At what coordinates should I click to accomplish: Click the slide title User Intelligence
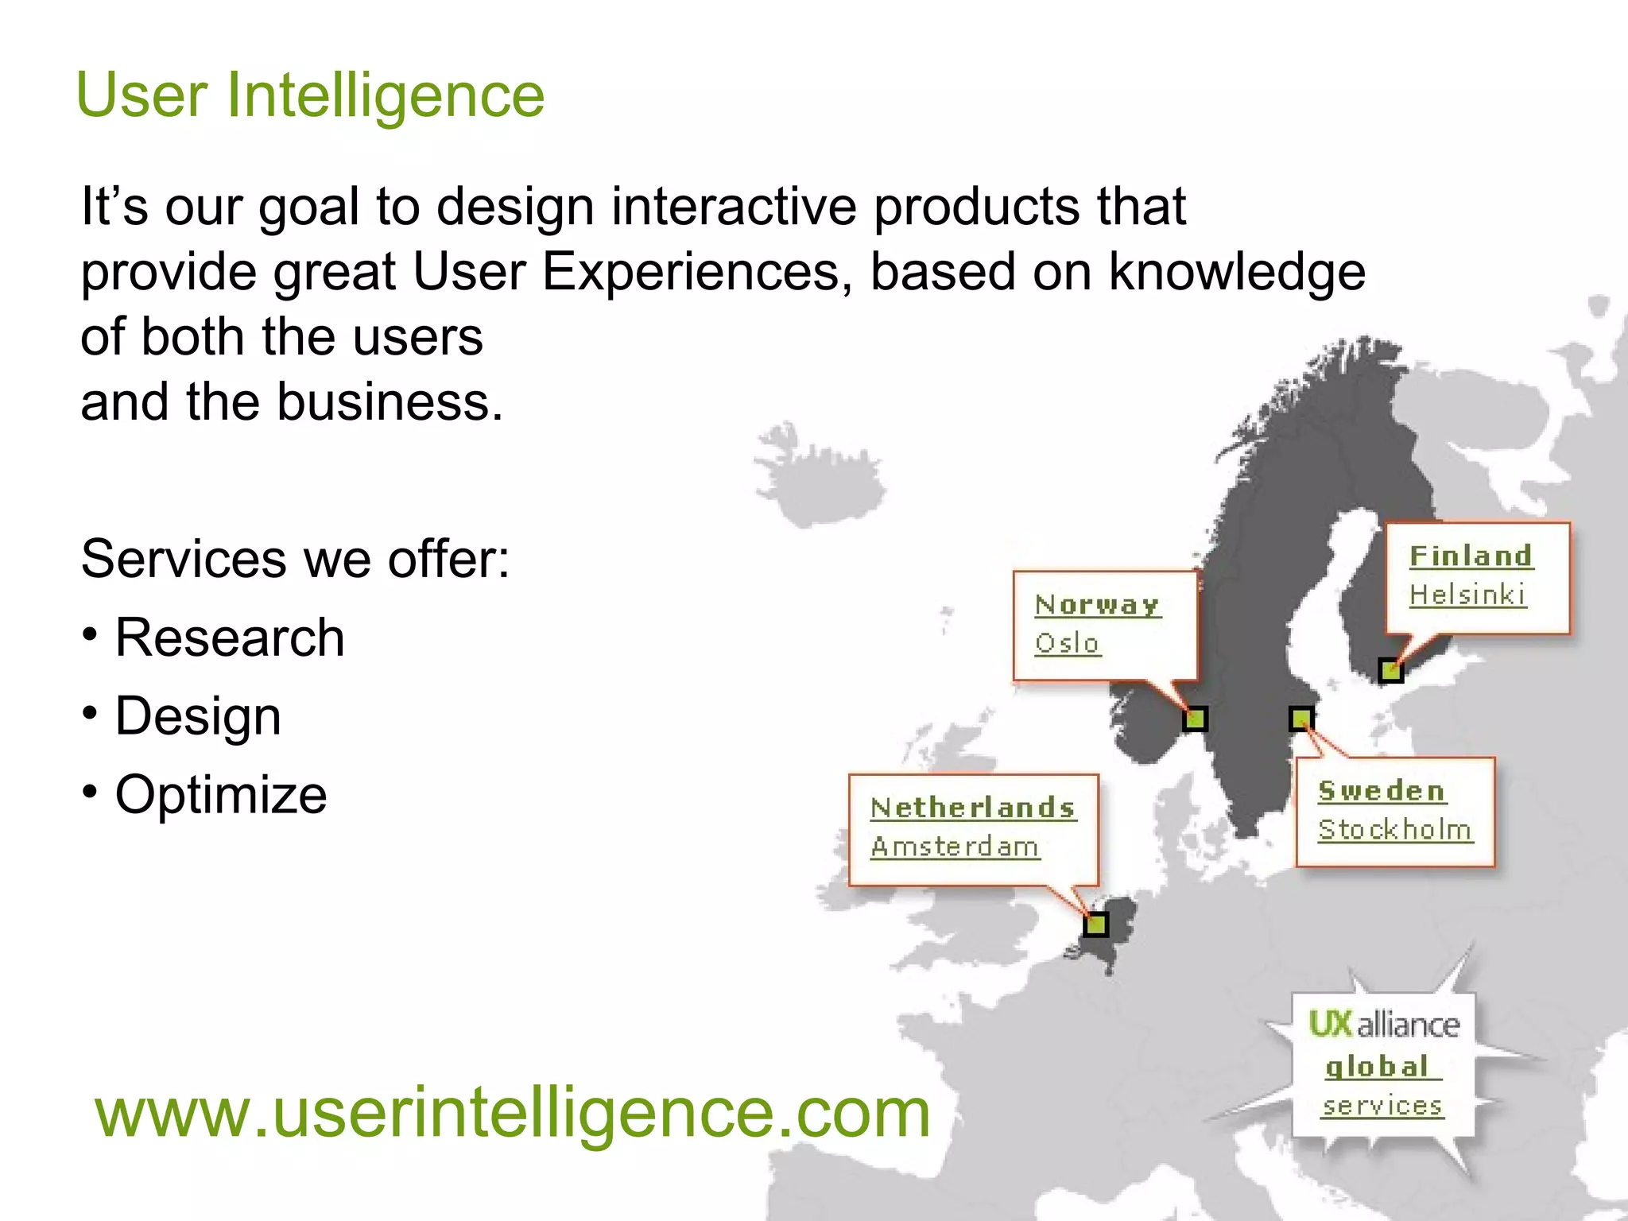tap(310, 95)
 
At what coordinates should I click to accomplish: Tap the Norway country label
tap(1097, 605)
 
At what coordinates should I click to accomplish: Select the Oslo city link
tap(1067, 643)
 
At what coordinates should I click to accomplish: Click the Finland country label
tap(1471, 556)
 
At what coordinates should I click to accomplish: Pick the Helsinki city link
tap(1467, 595)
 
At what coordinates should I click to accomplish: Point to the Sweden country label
tap(1382, 791)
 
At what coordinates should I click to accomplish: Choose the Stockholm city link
tap(1395, 830)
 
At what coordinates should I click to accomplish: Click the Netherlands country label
tap(973, 808)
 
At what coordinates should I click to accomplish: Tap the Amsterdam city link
tap(955, 847)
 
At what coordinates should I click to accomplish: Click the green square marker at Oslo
tap(1195, 719)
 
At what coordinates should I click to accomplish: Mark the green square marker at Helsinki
tap(1390, 671)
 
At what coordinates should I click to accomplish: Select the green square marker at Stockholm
tap(1301, 719)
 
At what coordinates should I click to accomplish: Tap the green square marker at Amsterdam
tap(1096, 924)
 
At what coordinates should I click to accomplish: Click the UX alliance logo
tap(1384, 1025)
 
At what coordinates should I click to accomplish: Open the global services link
tap(1382, 1086)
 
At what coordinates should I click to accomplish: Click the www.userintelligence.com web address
tap(513, 1113)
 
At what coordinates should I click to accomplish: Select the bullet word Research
tap(230, 638)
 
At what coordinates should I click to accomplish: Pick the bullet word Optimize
tap(221, 794)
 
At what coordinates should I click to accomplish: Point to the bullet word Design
tap(198, 716)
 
